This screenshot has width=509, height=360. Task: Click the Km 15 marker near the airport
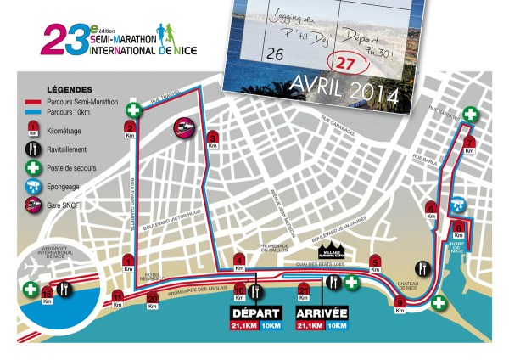click(47, 295)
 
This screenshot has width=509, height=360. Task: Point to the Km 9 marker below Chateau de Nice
click(399, 304)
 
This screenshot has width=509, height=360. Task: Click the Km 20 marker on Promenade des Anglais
click(153, 298)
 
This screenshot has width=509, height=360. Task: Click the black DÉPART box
click(250, 312)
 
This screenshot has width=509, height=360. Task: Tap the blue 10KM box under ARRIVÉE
click(336, 325)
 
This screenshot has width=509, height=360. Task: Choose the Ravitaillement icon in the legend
click(31, 149)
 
